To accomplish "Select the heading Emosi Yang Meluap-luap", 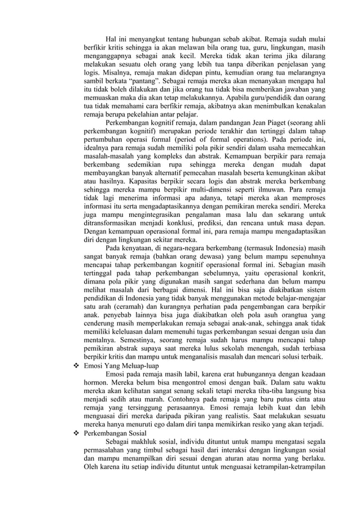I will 120,365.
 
